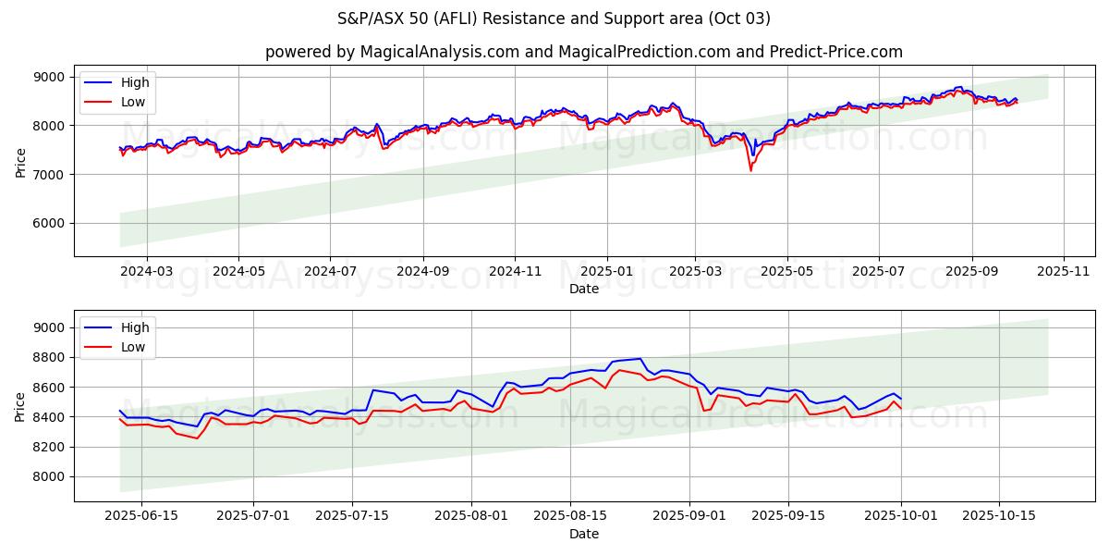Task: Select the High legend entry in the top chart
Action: [134, 83]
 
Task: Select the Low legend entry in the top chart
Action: [133, 102]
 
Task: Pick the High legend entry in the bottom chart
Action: [134, 327]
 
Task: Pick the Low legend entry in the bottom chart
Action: [133, 346]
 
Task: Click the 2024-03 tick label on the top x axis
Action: [147, 272]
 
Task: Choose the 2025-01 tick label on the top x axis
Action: [607, 272]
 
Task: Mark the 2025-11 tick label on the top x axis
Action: [1064, 272]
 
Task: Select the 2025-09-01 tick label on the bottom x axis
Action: [690, 516]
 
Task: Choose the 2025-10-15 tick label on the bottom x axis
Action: [999, 516]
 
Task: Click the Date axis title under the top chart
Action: [583, 289]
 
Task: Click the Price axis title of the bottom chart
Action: [20, 405]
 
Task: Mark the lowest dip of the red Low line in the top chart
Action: [750, 171]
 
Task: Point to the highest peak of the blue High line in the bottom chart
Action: [640, 358]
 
